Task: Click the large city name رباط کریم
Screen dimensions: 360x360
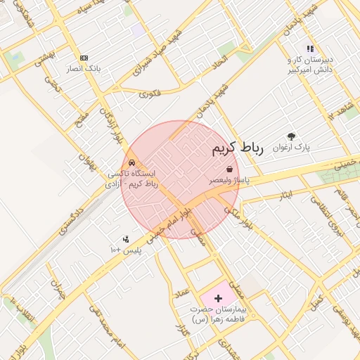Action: tap(236, 148)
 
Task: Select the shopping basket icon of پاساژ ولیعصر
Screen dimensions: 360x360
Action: tap(231, 169)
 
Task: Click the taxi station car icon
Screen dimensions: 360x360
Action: tap(132, 162)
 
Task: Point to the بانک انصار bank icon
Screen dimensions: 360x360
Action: tap(84, 58)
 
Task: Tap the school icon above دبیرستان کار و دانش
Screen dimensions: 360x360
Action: tap(309, 49)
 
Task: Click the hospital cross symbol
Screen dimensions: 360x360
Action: tap(217, 299)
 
